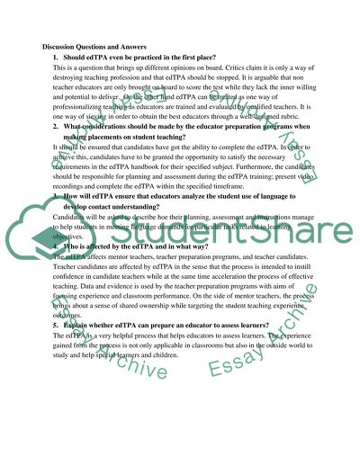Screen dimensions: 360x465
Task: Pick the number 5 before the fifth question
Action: (55, 322)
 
